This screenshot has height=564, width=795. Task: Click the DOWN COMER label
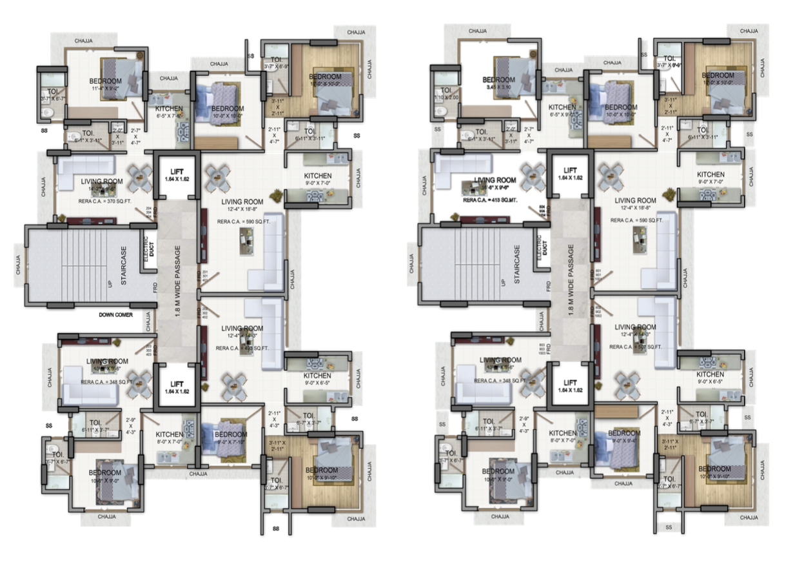click(117, 315)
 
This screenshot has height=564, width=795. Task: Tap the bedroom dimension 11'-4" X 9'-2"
click(105, 89)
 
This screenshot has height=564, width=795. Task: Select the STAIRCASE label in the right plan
click(516, 264)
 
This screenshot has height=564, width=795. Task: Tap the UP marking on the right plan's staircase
click(502, 283)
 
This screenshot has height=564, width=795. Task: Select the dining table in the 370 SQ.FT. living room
click(139, 177)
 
